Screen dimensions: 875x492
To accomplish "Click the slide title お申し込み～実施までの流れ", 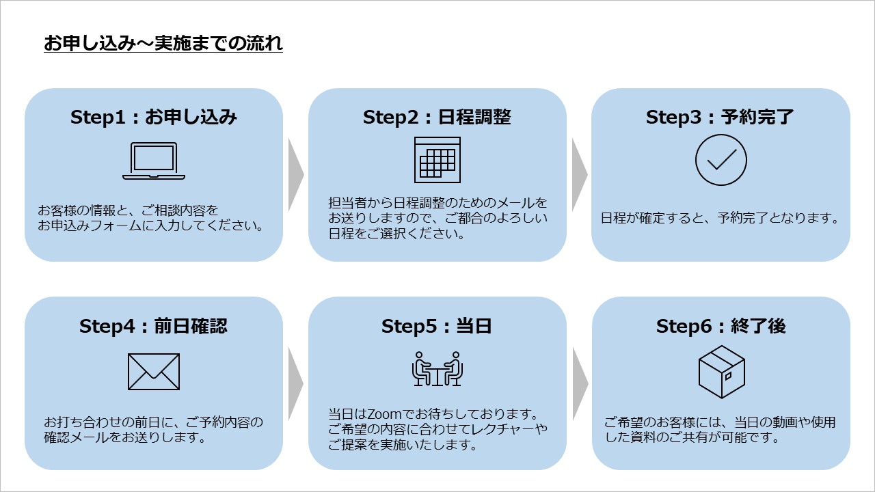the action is click(163, 43).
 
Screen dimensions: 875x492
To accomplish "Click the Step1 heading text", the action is click(154, 117).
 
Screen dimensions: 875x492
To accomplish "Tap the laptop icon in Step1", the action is click(154, 161).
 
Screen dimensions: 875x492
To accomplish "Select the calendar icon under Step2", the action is click(437, 160).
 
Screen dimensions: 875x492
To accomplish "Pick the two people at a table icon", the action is click(437, 369).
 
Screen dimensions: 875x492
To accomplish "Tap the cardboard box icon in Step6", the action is click(721, 372).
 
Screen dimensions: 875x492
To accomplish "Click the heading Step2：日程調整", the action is click(437, 117).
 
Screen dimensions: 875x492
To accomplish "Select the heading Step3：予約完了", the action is click(720, 117).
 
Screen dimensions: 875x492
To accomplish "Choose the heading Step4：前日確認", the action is click(153, 326).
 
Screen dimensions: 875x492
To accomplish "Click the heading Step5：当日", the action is click(436, 326).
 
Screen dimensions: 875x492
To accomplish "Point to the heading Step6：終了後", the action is click(721, 326).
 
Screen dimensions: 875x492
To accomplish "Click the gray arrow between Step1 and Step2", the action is click(295, 174).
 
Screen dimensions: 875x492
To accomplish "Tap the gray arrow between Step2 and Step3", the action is click(579, 174).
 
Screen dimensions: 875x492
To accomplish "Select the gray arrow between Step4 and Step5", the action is click(295, 383).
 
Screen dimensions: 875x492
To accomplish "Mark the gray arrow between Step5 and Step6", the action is click(580, 383).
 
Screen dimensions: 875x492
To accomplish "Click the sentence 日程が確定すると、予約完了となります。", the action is click(720, 218).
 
